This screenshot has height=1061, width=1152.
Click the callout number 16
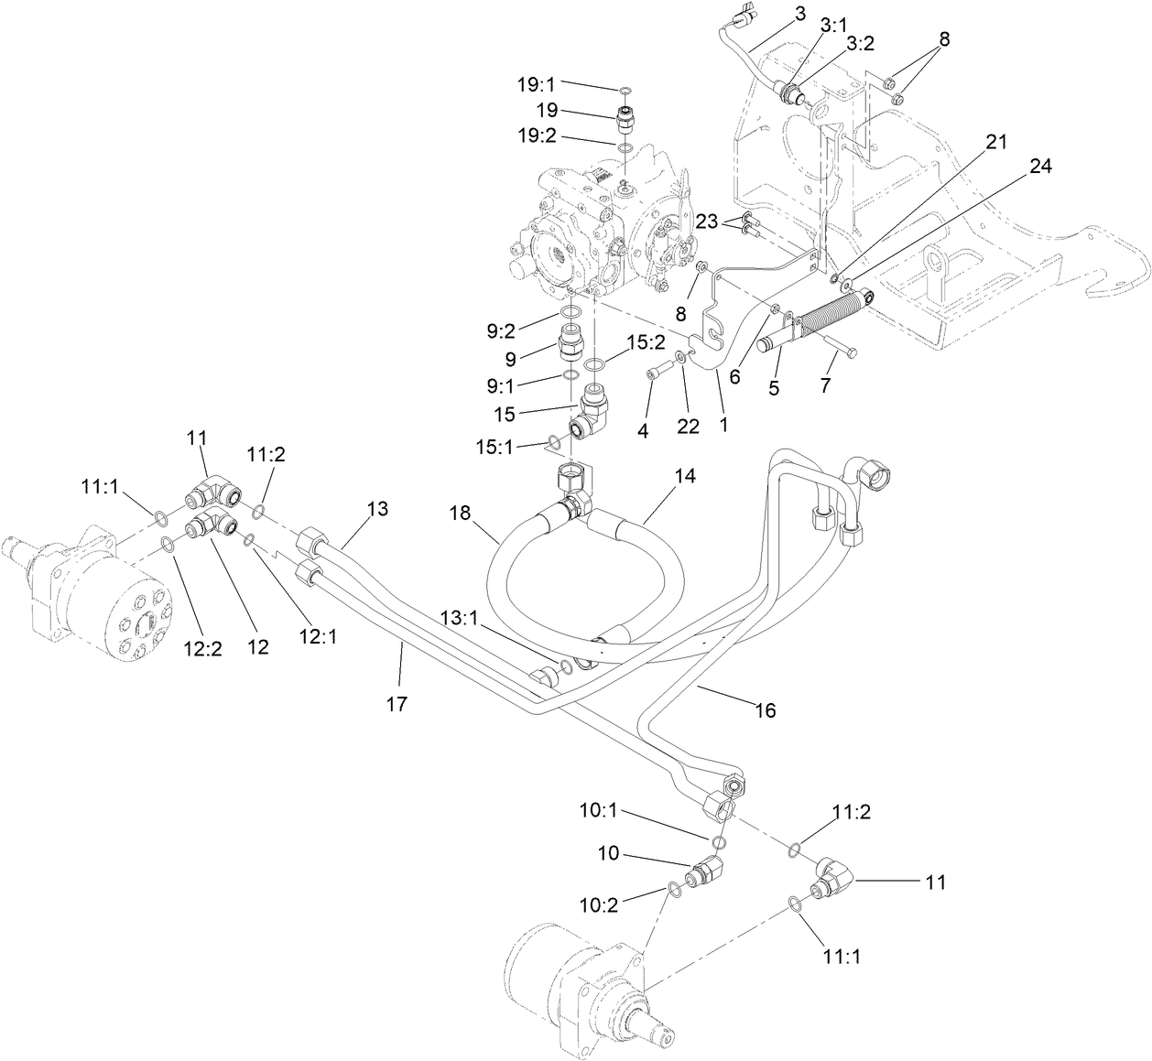765,709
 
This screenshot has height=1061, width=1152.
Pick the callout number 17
397,703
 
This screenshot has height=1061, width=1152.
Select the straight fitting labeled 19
625,119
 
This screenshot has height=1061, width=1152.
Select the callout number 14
684,476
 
